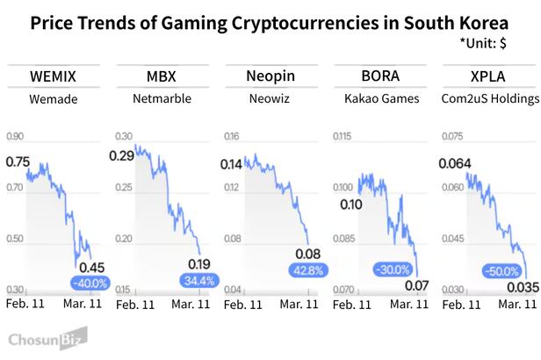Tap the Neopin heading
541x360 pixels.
270,76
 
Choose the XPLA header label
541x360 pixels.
487,76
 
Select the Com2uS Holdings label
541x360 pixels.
487,99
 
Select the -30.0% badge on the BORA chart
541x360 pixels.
392,270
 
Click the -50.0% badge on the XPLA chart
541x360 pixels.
501,271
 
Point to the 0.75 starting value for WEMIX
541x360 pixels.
18,162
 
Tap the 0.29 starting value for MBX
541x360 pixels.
123,155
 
